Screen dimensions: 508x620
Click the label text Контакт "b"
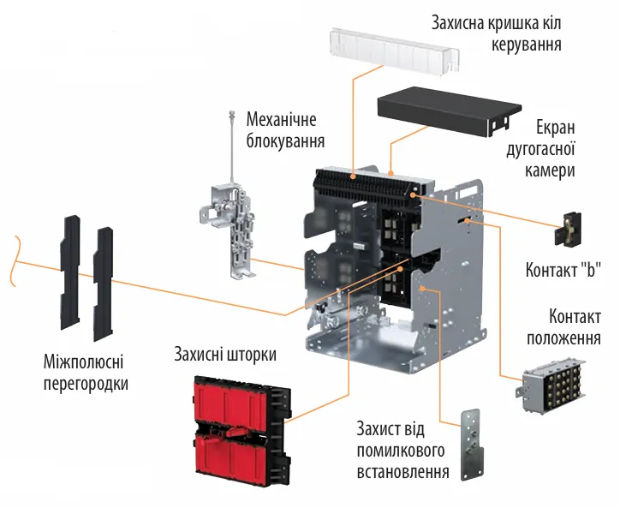pos(563,272)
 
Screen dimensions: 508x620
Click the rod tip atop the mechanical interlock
pos(231,114)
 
